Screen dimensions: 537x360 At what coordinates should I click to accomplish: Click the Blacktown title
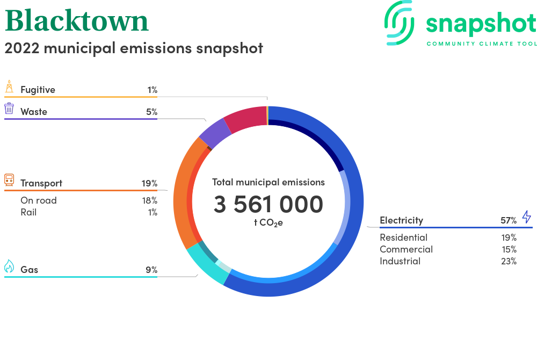77,20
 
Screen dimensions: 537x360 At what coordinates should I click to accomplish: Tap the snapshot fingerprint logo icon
400,23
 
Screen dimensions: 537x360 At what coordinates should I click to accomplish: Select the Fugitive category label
38,90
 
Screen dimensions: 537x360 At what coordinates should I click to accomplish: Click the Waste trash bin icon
9,108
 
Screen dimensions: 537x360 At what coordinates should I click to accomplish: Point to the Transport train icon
9,180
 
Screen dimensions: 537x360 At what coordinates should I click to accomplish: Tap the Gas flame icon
9,266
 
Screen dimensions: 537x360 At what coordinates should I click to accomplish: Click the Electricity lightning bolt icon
526,217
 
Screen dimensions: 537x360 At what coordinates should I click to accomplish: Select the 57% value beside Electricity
509,220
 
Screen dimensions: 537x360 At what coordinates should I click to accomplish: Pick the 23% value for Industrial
509,261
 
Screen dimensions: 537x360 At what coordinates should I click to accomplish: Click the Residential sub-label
403,237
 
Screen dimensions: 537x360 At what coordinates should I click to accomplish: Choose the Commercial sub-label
406,249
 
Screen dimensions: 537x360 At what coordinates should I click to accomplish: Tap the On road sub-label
38,200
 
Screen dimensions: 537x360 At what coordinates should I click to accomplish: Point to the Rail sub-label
28,212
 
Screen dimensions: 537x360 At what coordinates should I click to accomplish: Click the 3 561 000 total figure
268,204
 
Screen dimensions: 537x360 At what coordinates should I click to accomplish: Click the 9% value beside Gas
151,270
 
